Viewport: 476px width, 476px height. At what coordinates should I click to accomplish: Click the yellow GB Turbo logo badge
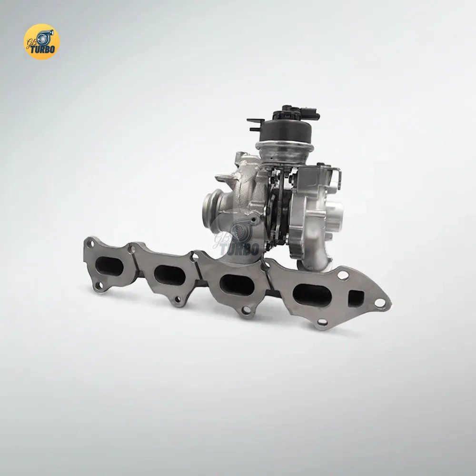pyautogui.click(x=41, y=41)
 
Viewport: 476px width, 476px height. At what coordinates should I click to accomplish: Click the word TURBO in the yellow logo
pyautogui.click(x=42, y=49)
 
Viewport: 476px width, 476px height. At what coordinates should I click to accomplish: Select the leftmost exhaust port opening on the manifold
pyautogui.click(x=109, y=266)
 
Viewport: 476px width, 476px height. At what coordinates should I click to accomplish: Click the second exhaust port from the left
pyautogui.click(x=170, y=275)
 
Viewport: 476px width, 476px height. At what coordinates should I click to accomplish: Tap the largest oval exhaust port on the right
pyautogui.click(x=312, y=295)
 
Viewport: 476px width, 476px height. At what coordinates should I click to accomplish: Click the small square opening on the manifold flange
pyautogui.click(x=356, y=298)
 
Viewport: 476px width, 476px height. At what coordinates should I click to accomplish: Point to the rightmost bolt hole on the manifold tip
pyautogui.click(x=380, y=302)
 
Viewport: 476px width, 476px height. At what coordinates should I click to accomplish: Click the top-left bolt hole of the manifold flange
pyautogui.click(x=89, y=243)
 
